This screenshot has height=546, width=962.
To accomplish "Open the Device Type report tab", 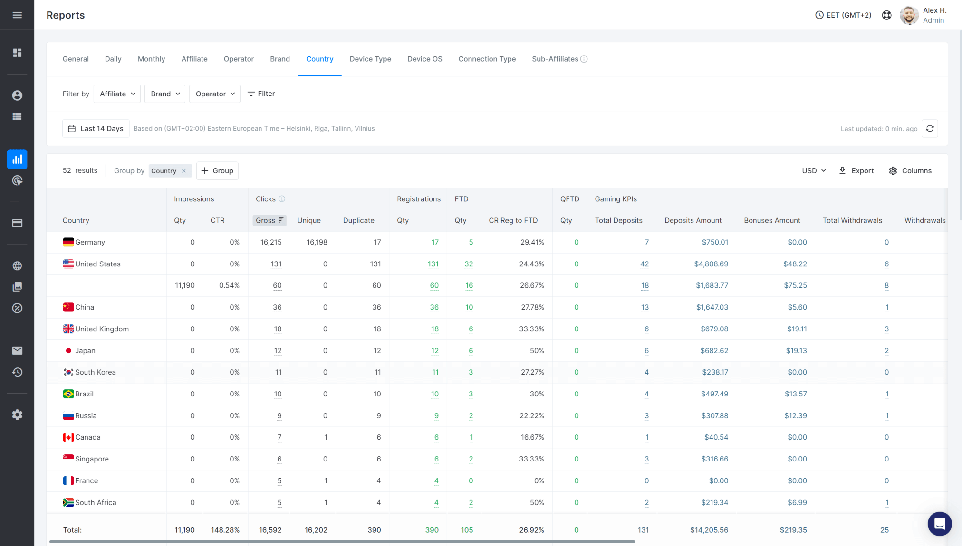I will [x=370, y=59].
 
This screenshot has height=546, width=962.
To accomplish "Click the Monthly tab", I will [x=151, y=59].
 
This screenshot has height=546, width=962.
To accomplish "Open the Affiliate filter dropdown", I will [x=117, y=94].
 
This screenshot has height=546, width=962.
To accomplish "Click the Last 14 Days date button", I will [x=96, y=129].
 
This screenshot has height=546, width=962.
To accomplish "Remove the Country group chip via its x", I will [x=184, y=171].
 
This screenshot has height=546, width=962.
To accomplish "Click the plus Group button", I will [x=217, y=171].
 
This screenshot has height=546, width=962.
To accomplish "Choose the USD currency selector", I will [x=814, y=171].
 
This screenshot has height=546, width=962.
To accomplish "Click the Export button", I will [x=856, y=171].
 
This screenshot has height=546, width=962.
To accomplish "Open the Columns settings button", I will [x=910, y=171].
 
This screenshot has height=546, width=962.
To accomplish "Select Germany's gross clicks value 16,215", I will [x=271, y=242].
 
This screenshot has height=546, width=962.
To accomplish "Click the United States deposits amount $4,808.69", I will [x=711, y=264].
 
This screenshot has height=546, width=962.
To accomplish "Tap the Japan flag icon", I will [x=68, y=351].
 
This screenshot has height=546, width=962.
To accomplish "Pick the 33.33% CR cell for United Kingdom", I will [x=531, y=329].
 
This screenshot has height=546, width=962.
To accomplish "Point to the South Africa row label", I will [x=96, y=502].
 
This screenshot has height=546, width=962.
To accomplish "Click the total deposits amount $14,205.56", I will [x=709, y=530].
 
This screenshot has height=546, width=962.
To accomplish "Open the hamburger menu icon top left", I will [x=17, y=15].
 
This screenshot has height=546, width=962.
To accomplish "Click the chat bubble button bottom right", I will [x=939, y=523].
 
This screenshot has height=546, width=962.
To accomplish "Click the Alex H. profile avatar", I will [x=909, y=15].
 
